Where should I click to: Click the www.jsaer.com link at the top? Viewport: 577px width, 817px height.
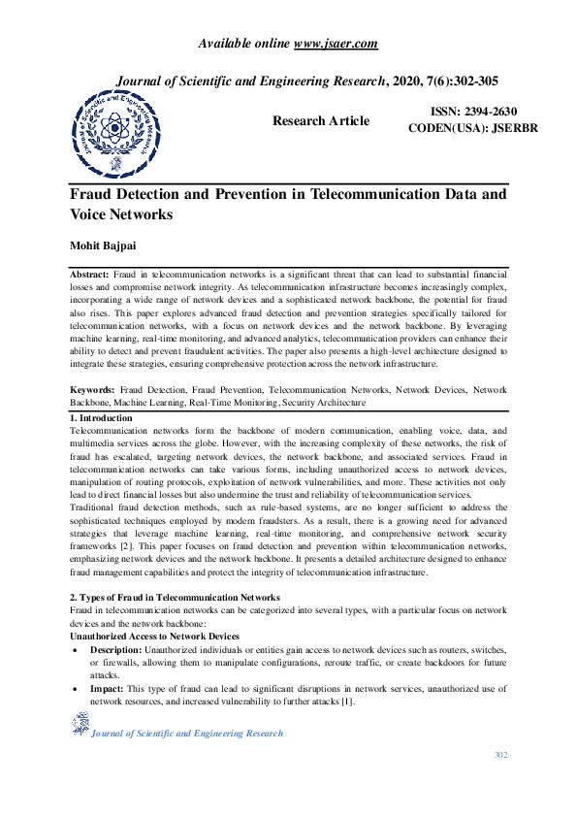[x=335, y=43]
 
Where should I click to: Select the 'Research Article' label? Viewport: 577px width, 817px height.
[x=320, y=121]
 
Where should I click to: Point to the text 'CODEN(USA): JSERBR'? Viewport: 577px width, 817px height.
[x=472, y=128]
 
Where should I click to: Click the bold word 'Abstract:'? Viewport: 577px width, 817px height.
[x=90, y=277]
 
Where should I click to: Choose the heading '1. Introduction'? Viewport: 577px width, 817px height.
[x=102, y=418]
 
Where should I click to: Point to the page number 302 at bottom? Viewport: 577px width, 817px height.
[x=500, y=755]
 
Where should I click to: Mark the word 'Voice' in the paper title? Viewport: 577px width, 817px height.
[x=93, y=214]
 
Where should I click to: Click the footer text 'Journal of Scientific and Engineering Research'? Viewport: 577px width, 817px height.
[x=186, y=734]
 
